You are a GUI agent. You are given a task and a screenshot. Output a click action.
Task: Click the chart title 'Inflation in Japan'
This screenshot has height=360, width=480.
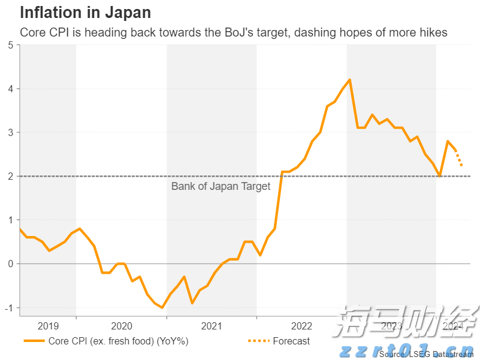pos(86,12)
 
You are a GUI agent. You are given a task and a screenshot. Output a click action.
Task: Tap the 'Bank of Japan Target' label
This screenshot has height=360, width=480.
pos(221,186)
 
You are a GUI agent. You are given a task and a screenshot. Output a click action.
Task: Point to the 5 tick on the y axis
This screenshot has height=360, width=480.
pos(10,45)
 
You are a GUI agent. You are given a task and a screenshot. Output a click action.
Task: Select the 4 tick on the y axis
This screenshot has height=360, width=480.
pos(10,89)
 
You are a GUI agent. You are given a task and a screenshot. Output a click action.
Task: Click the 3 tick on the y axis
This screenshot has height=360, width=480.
pos(10,132)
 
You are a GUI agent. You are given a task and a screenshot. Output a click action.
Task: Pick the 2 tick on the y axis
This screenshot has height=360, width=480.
pos(10,176)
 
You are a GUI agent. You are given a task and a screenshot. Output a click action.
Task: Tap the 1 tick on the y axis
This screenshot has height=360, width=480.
pos(10,220)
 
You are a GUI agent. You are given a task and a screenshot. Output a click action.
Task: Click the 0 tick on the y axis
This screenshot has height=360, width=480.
pos(10,264)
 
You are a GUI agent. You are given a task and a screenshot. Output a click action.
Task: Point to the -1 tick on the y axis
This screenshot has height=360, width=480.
pos(9,307)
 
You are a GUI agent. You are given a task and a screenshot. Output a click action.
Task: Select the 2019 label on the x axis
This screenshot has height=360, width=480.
pos(48,326)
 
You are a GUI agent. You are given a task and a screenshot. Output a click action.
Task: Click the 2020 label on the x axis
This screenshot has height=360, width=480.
pos(122,326)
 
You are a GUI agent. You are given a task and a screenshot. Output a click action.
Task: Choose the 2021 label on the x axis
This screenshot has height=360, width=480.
pos(212,326)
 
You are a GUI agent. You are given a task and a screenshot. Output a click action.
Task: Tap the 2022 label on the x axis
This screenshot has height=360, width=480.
pos(301,326)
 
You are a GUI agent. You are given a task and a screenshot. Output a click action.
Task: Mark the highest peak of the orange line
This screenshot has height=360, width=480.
pos(349,80)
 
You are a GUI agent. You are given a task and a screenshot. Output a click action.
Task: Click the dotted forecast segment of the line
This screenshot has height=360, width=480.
pos(459,158)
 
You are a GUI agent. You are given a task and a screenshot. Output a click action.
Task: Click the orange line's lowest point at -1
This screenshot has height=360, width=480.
pos(162,307)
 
